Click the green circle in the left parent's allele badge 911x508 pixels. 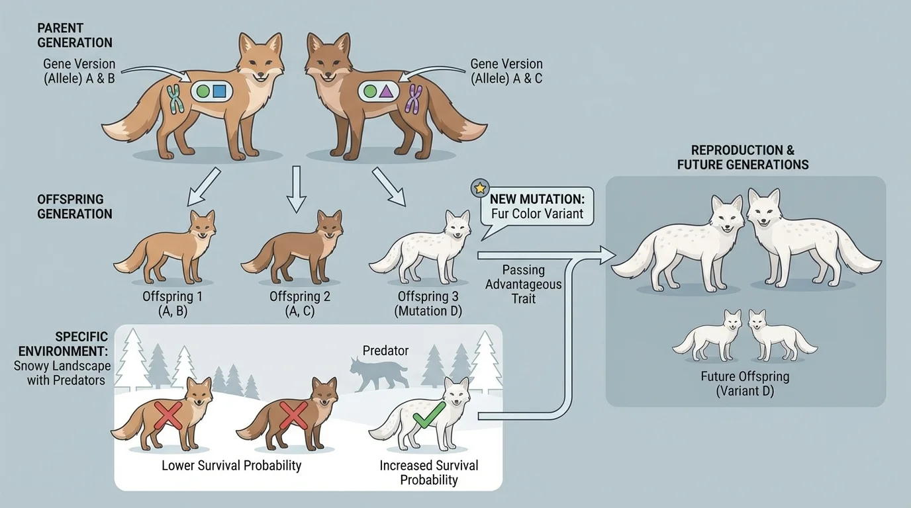tap(203, 91)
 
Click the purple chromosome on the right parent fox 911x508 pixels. tap(414, 99)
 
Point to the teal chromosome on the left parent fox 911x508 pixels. tap(175, 99)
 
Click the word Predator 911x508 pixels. tap(385, 350)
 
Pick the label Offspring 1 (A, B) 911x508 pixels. tap(172, 304)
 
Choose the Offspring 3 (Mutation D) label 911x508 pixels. tap(429, 304)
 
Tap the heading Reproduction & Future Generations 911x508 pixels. tap(742, 157)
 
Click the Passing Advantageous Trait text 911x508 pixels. tap(523, 284)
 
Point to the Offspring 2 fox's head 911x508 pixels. tap(329, 225)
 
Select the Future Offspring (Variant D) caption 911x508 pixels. tap(745, 384)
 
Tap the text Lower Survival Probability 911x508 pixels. tap(231, 466)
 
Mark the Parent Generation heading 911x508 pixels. tap(75, 36)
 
